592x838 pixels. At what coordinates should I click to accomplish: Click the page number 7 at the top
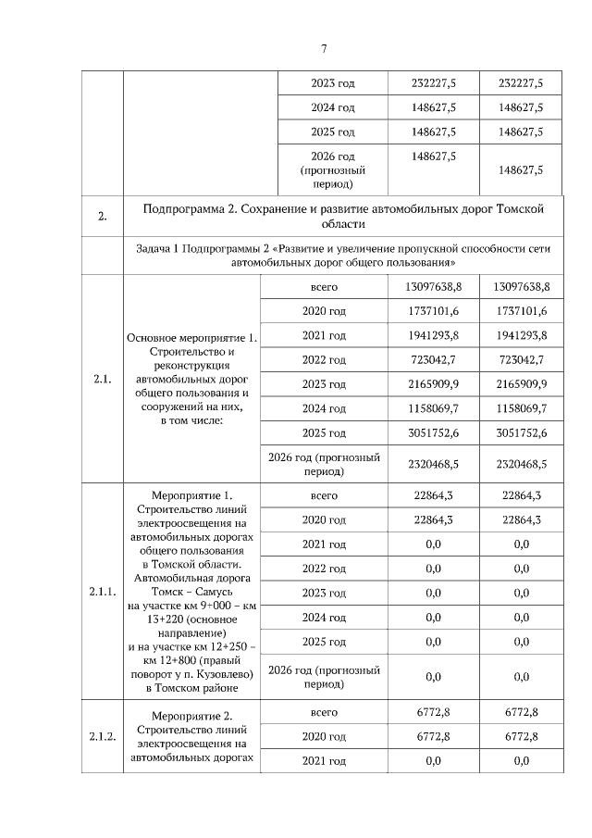[324, 49]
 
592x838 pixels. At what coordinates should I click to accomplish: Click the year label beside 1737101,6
[324, 311]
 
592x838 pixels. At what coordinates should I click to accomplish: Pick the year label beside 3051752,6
[324, 433]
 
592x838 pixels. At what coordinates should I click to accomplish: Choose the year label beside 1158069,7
[324, 408]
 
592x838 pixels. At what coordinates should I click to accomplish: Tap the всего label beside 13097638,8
[324, 287]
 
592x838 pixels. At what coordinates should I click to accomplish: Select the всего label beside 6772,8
[324, 712]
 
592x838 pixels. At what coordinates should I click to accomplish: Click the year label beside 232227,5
[333, 83]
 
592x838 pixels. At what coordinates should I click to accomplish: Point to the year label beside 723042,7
[324, 359]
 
